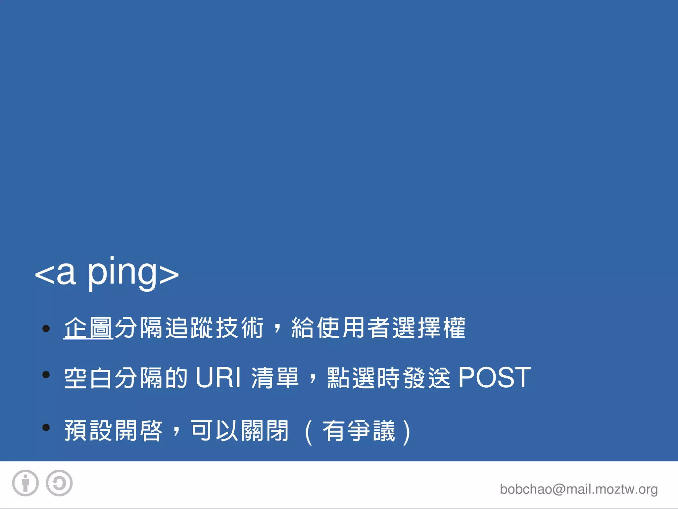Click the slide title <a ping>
107,273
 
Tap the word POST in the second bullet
494,377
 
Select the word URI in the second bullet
218,377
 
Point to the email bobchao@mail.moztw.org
578,489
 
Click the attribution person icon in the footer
25,483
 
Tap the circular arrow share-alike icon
59,483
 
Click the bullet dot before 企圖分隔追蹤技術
46,328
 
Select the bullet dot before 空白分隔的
46,375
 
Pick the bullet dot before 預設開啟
46,427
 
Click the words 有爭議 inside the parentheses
359,431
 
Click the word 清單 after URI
275,377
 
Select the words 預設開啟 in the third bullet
113,431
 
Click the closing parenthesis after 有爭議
407,431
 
